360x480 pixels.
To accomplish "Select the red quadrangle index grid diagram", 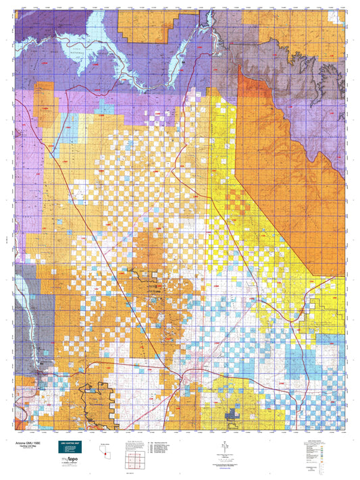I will coord(134,460).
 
